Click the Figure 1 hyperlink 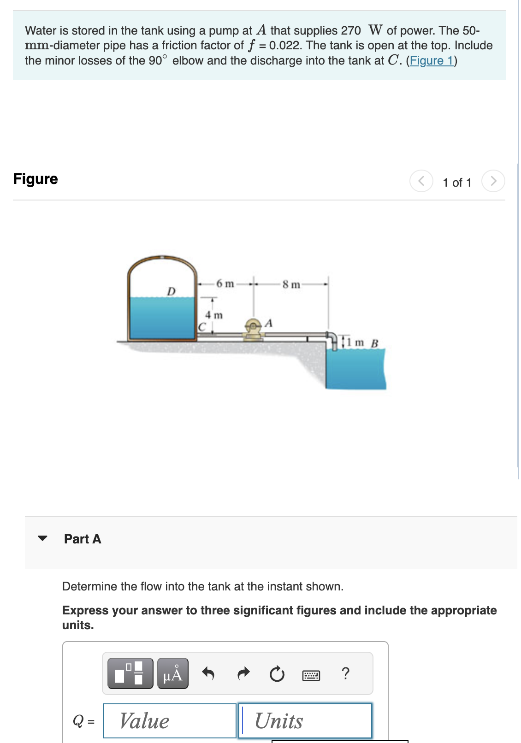coord(431,61)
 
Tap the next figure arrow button coord(493,181)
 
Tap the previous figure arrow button coord(421,181)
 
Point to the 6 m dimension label coord(225,283)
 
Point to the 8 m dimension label coord(291,284)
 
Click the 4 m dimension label coord(213,315)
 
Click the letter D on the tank coord(171,291)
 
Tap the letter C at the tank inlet coord(201,327)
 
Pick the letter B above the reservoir coord(374,343)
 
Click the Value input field coord(169,721)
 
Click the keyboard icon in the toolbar coord(311,676)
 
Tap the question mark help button coord(346,673)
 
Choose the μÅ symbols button coord(172,674)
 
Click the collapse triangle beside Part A coord(43,538)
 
